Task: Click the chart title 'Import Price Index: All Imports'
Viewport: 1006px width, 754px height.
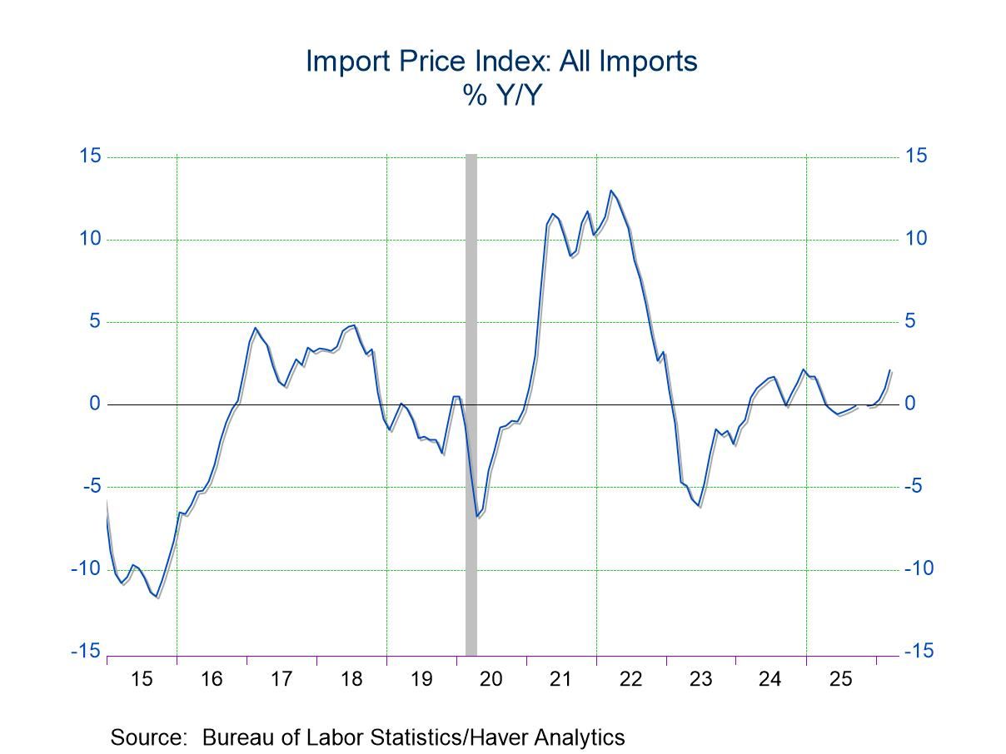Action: [x=501, y=62]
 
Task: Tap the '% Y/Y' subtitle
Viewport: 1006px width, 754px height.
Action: [x=501, y=96]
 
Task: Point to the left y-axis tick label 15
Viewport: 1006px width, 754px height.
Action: [x=90, y=156]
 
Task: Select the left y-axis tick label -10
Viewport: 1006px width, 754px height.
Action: [x=85, y=569]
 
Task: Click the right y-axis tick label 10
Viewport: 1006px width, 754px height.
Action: [x=916, y=239]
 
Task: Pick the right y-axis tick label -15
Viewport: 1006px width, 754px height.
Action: [x=919, y=652]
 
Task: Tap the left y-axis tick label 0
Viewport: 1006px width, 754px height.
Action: [x=95, y=404]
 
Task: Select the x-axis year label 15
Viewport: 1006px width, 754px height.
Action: [x=142, y=679]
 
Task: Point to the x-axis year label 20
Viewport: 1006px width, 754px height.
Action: [x=491, y=679]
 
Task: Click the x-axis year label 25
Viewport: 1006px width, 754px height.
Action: [x=841, y=679]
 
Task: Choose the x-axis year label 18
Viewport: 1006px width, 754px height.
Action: [x=351, y=679]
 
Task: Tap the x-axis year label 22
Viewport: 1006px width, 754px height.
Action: [x=631, y=679]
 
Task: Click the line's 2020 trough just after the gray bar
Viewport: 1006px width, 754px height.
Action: [x=477, y=516]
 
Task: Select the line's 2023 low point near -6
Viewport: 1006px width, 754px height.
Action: [x=700, y=505]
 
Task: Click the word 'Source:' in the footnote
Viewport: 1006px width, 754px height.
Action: [x=147, y=737]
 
